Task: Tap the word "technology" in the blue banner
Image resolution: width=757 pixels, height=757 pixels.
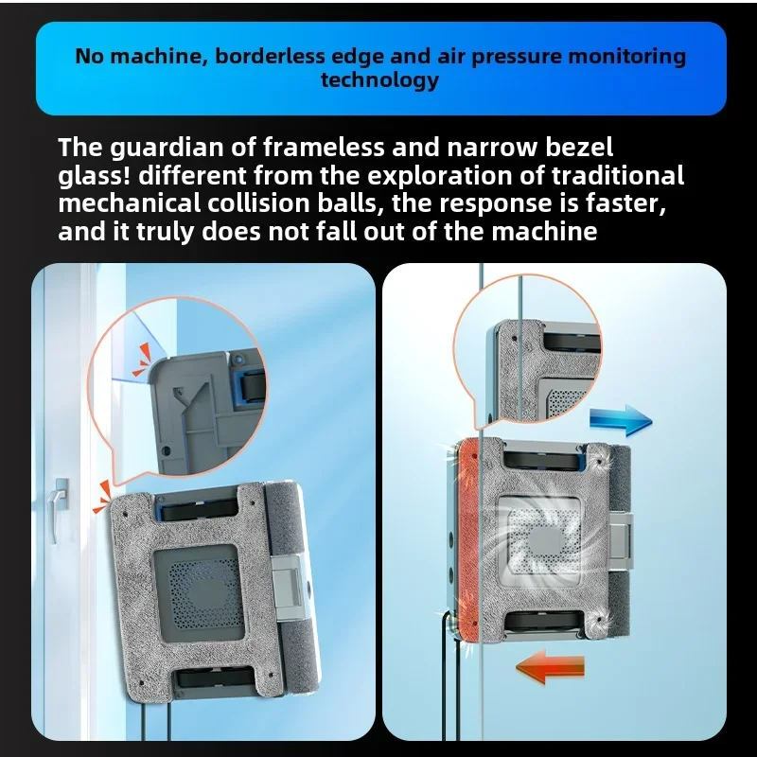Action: pyautogui.click(x=379, y=79)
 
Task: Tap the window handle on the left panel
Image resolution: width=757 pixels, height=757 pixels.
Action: pyautogui.click(x=61, y=506)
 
